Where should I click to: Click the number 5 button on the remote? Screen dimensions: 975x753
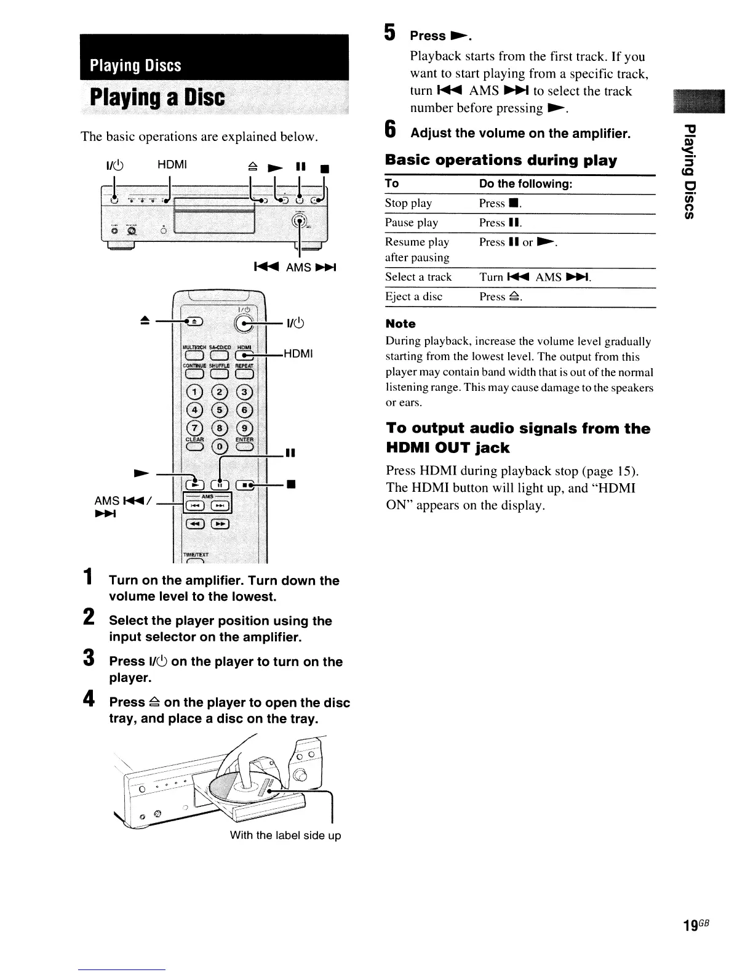[x=220, y=410]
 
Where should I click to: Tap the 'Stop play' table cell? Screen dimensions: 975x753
[x=408, y=203]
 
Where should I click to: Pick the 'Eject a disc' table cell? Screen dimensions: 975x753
[x=413, y=297]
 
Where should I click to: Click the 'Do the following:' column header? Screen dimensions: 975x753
[x=526, y=183]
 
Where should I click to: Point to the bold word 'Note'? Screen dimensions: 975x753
[x=400, y=324]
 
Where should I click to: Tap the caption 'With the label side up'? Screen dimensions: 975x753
[x=285, y=835]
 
